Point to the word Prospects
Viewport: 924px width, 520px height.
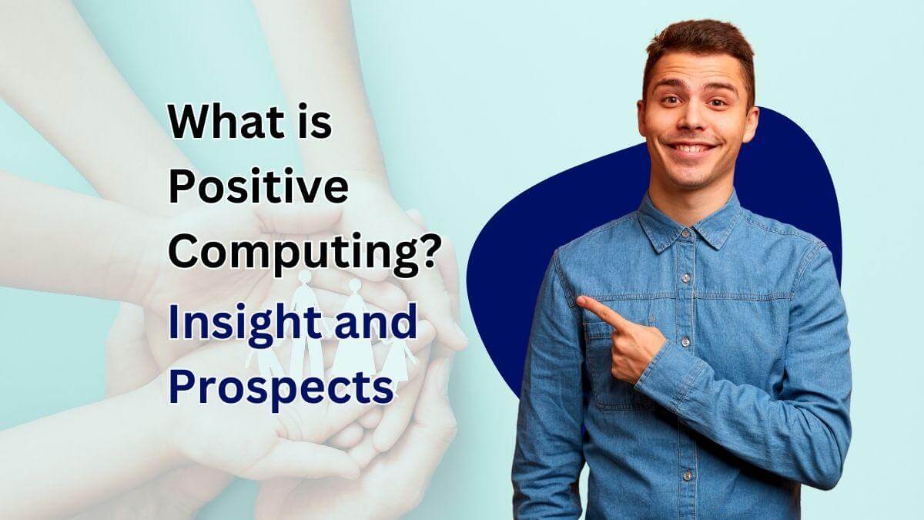click(x=280, y=387)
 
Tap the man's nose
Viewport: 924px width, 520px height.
click(x=693, y=123)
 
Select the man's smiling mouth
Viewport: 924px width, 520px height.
click(x=693, y=148)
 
